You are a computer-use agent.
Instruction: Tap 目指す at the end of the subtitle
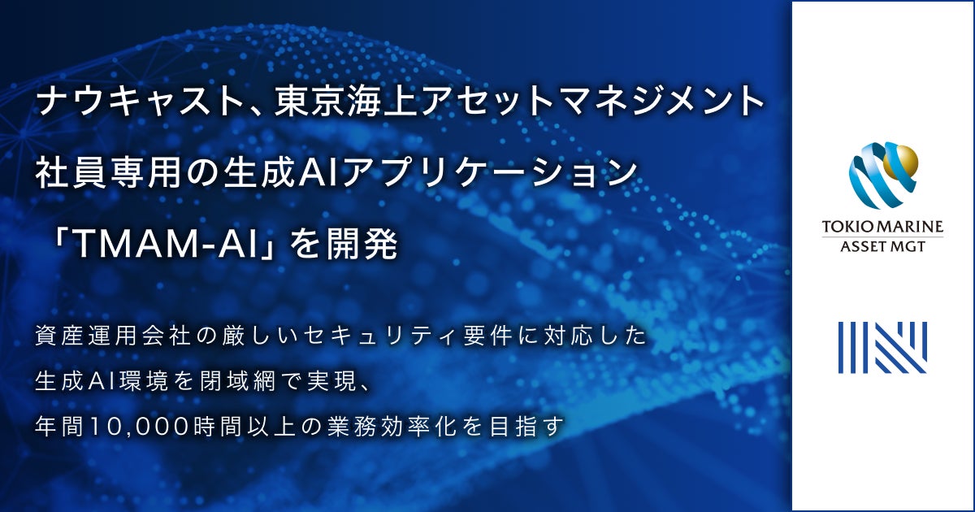point(536,425)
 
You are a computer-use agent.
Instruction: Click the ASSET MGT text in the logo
point(882,246)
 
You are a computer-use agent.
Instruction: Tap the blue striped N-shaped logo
point(882,347)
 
